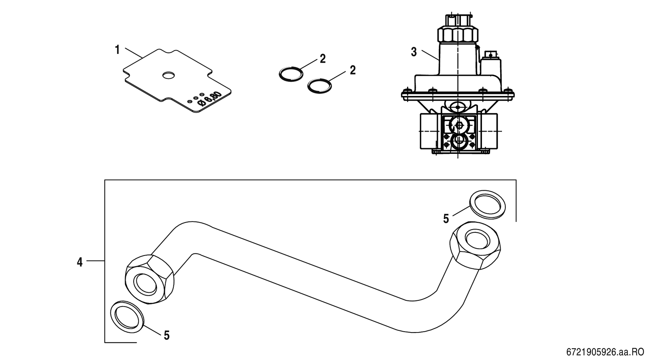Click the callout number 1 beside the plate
117,50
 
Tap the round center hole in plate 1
168,76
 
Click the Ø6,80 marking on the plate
209,99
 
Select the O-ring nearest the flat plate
291,74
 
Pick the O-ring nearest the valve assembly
320,85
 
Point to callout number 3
414,52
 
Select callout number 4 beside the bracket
79,262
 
